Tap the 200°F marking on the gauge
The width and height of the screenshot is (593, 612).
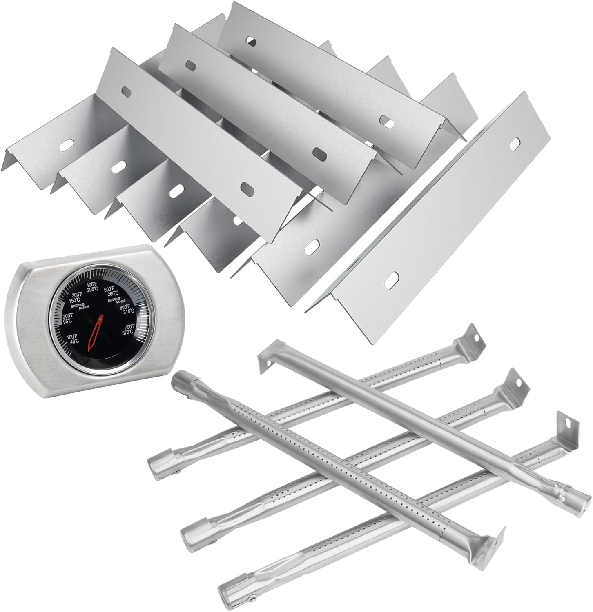click(68, 315)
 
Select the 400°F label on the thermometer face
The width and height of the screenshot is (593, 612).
click(92, 284)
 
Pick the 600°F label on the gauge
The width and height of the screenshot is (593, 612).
click(124, 307)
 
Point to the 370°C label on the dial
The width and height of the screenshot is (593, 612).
click(128, 333)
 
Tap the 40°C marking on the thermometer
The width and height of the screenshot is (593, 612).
click(74, 342)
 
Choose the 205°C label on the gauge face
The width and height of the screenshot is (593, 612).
click(93, 289)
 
